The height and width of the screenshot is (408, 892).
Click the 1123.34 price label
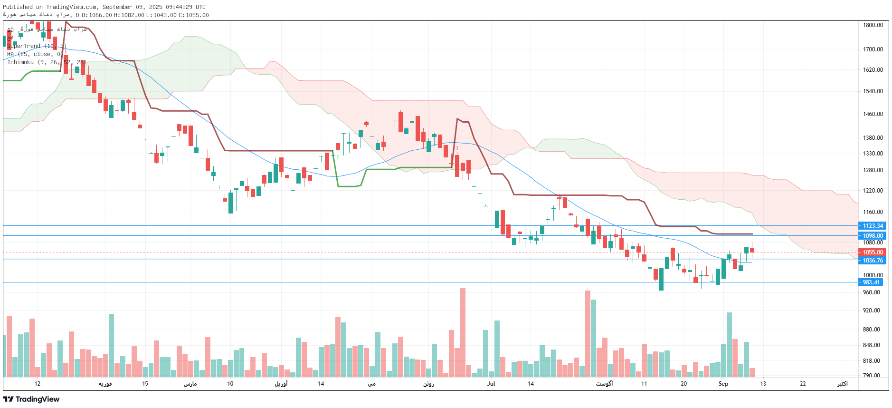pos(873,226)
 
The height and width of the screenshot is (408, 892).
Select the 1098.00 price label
pos(873,236)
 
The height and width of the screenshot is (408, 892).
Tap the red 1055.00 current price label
pos(873,253)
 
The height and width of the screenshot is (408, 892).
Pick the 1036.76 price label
pos(873,261)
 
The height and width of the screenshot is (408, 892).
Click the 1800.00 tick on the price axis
pos(873,25)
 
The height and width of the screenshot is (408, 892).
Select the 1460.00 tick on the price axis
pos(873,114)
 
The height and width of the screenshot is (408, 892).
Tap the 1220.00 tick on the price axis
pos(873,191)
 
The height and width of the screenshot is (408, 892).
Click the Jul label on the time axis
pos(491,384)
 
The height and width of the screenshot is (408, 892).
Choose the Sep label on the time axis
pos(723,384)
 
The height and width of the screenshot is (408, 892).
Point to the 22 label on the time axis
pos(802,384)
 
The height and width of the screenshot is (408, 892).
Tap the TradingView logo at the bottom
pos(31,399)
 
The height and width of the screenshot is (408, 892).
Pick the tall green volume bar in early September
pos(729,344)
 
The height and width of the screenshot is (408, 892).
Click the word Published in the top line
pos(18,7)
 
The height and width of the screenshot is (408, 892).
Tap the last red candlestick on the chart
pos(752,250)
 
